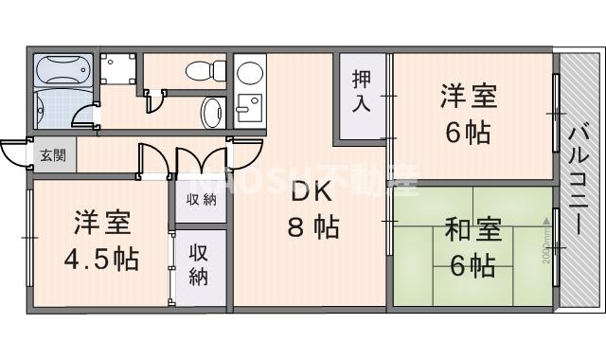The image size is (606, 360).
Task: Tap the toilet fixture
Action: coord(203,70)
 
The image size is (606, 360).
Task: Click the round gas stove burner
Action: coord(250,73)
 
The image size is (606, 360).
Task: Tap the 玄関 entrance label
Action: coord(52,153)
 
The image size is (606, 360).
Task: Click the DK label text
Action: coord(310,192)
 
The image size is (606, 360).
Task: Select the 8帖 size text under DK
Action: coord(313,228)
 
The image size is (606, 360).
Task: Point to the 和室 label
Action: coord(468,229)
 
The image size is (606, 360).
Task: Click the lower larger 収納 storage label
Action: coord(199,264)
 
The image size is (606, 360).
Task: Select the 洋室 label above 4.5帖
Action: coord(101,225)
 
